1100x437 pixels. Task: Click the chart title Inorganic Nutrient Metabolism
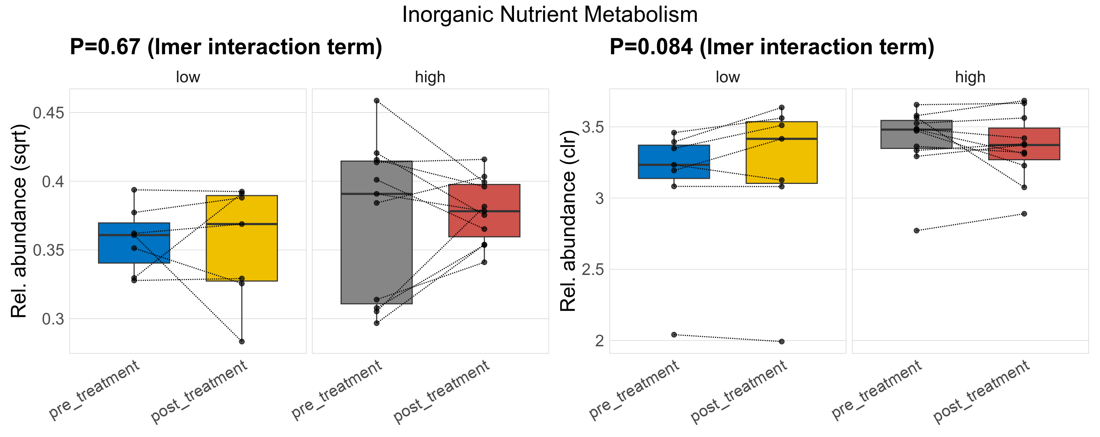[x=550, y=15]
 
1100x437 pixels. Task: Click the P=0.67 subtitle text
[x=226, y=47]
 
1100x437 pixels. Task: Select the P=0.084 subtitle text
[x=771, y=47]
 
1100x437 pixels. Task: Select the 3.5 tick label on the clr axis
[x=593, y=127]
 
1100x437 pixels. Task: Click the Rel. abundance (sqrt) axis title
[x=19, y=221]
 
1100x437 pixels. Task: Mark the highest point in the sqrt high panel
[x=377, y=101]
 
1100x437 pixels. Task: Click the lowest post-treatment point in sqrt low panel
[x=242, y=342]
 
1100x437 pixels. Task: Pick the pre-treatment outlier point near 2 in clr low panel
[x=674, y=335]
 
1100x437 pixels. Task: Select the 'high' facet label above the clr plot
[x=970, y=77]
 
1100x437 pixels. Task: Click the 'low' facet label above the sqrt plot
[x=188, y=77]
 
